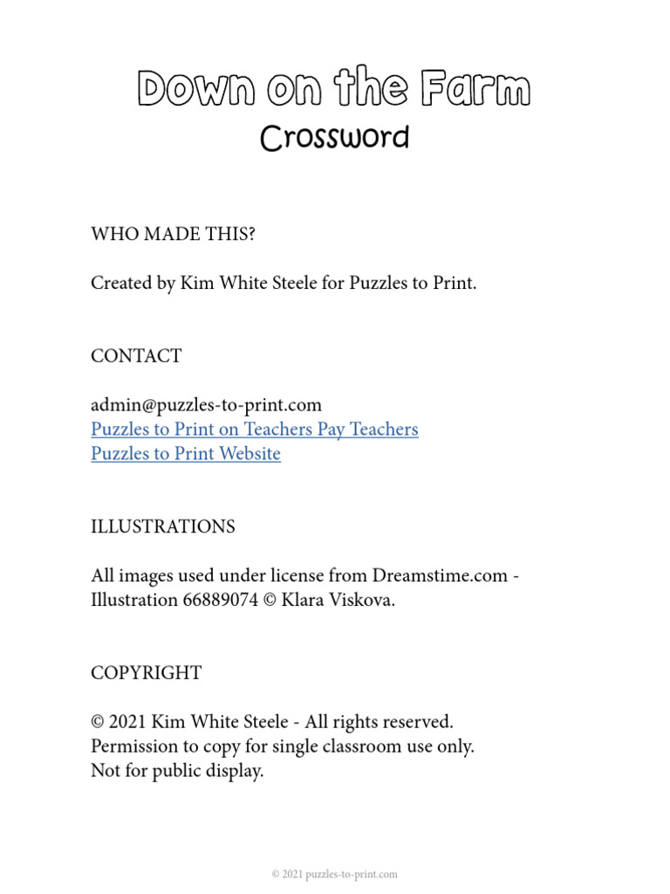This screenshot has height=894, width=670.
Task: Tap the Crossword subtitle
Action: pyautogui.click(x=335, y=138)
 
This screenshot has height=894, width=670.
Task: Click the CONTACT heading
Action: pyautogui.click(x=136, y=356)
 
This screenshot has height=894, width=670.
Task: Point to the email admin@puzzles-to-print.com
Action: pyautogui.click(x=206, y=405)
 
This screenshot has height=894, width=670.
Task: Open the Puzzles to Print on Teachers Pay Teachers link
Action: pyautogui.click(x=255, y=430)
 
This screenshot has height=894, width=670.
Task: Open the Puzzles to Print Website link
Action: pyautogui.click(x=186, y=454)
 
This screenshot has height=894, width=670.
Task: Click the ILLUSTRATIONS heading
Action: pyautogui.click(x=163, y=527)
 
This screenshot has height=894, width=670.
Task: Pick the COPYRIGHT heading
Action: pyautogui.click(x=147, y=673)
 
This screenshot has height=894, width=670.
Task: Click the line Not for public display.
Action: pyautogui.click(x=177, y=771)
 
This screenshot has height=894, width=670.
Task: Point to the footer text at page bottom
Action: pyautogui.click(x=335, y=874)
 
